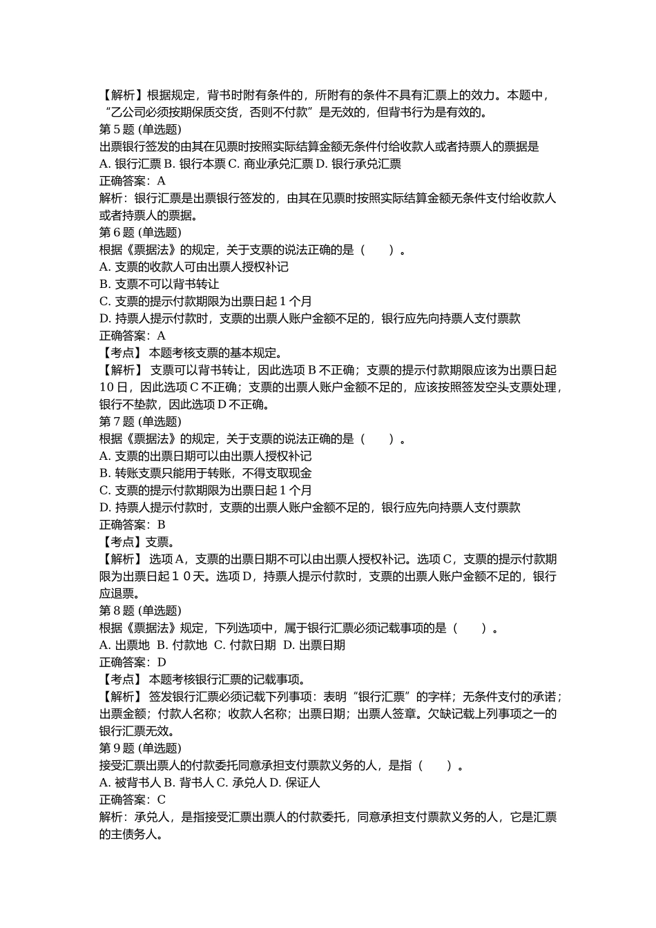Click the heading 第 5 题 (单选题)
140,129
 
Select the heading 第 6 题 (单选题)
140,233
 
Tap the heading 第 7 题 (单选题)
140,422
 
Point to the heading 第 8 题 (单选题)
140,611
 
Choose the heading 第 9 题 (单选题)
140,748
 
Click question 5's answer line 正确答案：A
133,181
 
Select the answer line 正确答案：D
133,662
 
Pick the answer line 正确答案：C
133,800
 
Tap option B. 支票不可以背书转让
160,284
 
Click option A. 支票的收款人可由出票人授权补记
194,267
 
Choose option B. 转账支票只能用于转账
206,473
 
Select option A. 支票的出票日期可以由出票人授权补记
206,456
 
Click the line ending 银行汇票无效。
137,731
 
